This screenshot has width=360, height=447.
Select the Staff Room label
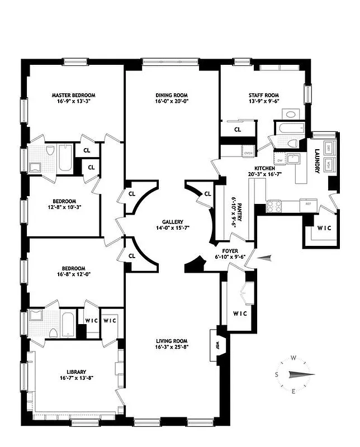pos(264,95)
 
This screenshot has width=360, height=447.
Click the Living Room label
pos(172,341)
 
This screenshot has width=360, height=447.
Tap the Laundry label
pos(317,160)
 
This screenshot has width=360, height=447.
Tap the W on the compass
pos(293,358)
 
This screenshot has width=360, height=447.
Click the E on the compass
pos(293,391)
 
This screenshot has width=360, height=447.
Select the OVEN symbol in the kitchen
pos(248,152)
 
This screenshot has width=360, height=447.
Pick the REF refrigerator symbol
pos(308,204)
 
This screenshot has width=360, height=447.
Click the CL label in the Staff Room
pos(238,129)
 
